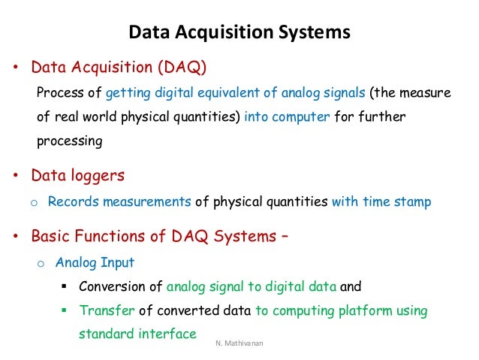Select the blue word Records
pos(74,201)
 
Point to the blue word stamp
pos(414,201)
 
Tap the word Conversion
pos(112,287)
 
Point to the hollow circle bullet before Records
pos(33,203)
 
